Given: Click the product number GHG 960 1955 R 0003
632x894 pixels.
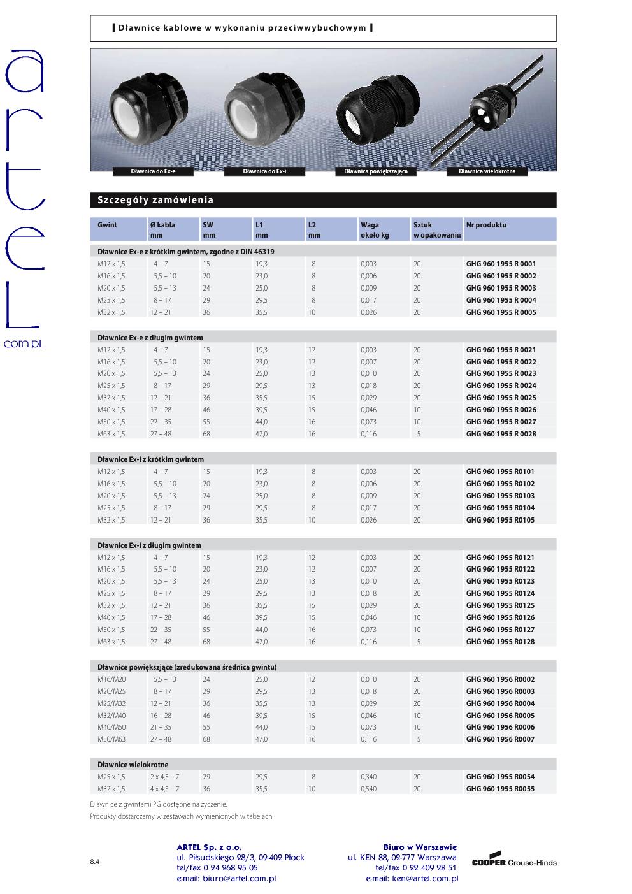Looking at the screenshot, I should [x=501, y=288].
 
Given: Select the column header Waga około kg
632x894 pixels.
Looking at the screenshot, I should [x=375, y=229].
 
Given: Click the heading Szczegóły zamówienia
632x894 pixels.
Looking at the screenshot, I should [x=155, y=200].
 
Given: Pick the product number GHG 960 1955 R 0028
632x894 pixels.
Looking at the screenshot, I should [x=501, y=434].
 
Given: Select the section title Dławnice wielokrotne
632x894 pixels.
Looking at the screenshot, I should [x=133, y=764].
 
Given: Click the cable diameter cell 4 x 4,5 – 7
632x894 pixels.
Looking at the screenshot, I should [x=164, y=789].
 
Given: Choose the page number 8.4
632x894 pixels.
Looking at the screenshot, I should [x=94, y=862].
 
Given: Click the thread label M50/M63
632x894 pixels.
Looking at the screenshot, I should [x=111, y=739].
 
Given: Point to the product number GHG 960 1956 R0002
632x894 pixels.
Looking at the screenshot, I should [x=500, y=679].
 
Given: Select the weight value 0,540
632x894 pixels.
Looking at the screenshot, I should [x=368, y=789].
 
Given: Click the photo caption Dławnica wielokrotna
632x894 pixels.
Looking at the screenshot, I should [x=487, y=171].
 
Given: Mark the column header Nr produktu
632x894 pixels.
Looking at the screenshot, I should [x=486, y=225].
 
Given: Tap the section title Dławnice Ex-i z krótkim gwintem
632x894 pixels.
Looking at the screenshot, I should [x=150, y=459].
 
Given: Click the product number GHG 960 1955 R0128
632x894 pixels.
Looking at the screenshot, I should [x=500, y=642].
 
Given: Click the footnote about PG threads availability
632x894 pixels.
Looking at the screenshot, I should [x=159, y=804].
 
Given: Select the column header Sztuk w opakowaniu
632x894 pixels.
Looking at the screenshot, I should [x=436, y=229].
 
